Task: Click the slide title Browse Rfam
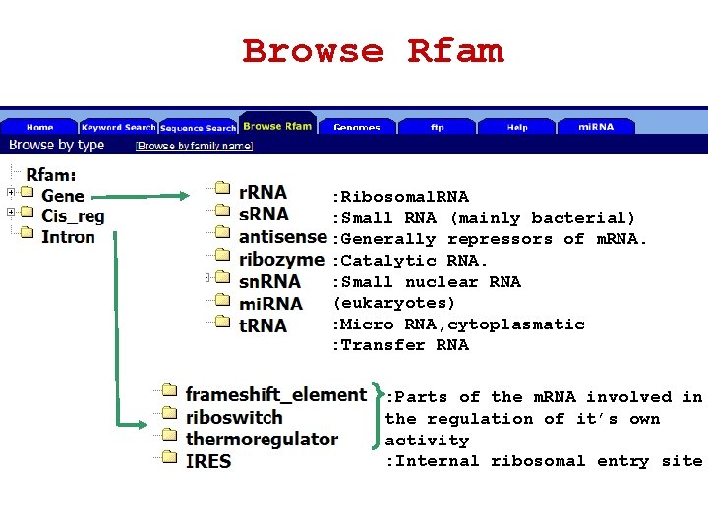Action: [373, 51]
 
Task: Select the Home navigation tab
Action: [40, 127]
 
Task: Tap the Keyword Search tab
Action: [118, 127]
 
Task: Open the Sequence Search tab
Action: [198, 127]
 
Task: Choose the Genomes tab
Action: [356, 127]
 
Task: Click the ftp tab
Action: [437, 127]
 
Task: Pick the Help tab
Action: [517, 127]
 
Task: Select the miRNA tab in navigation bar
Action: [596, 127]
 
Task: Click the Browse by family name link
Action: [195, 146]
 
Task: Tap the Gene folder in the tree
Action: [62, 196]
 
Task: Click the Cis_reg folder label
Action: [72, 216]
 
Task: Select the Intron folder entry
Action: [68, 237]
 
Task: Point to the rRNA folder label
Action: [263, 192]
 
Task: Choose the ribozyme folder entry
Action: [280, 260]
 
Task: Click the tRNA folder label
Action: [263, 325]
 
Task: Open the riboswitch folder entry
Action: [234, 417]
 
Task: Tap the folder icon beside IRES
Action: [169, 460]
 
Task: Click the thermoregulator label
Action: [262, 439]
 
